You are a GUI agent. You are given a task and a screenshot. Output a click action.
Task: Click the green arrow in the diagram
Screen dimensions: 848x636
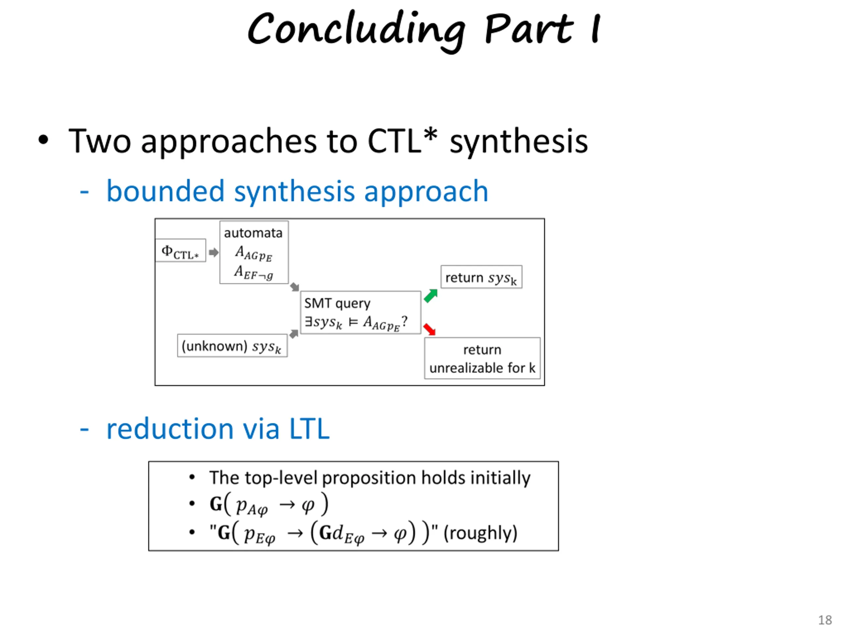coord(431,295)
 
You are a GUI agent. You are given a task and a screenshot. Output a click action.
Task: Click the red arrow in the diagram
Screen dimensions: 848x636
coord(429,329)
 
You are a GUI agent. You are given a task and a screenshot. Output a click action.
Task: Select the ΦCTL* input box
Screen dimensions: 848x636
coord(180,251)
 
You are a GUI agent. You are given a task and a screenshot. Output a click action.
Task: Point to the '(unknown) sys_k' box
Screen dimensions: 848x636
coord(232,346)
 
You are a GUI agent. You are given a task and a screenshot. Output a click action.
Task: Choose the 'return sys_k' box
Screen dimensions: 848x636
coord(481,277)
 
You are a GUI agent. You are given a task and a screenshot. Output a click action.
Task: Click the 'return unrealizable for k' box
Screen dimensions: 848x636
coord(482,358)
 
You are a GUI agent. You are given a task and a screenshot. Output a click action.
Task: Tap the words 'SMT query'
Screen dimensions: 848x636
coord(337,303)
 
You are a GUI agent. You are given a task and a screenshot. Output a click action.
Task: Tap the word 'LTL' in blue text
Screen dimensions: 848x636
coord(309,429)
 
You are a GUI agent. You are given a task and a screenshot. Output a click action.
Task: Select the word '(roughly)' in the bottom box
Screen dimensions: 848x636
coord(480,533)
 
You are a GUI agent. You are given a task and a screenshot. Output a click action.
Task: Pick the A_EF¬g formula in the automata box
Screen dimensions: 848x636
coord(254,273)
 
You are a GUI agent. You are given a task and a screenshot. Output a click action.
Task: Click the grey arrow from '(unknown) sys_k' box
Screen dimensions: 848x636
coord(294,334)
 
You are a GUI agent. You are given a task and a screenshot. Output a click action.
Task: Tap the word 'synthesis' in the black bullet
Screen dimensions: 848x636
coord(519,141)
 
